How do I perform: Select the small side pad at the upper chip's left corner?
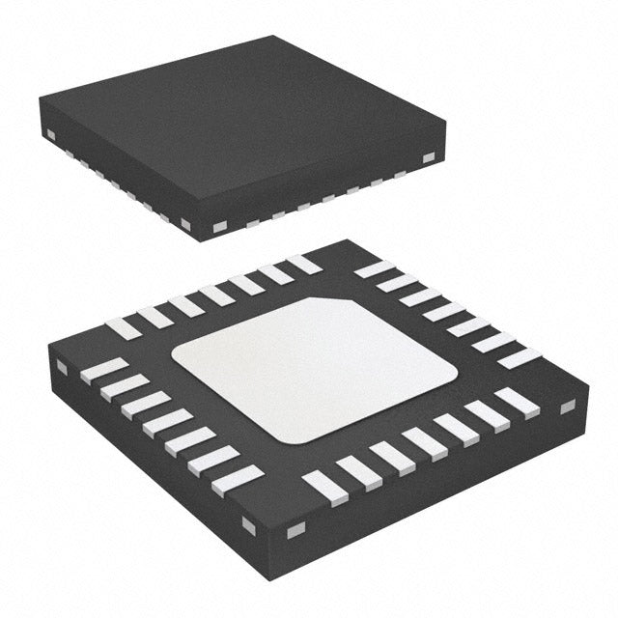point(47,133)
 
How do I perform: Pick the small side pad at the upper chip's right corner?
point(429,155)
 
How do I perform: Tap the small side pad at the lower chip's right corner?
point(568,407)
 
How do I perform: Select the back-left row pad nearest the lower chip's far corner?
point(303,263)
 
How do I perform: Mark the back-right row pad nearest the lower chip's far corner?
point(375,268)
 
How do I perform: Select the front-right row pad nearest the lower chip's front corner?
point(322,488)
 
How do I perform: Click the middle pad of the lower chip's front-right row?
point(425,441)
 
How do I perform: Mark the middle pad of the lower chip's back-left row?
point(214,295)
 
